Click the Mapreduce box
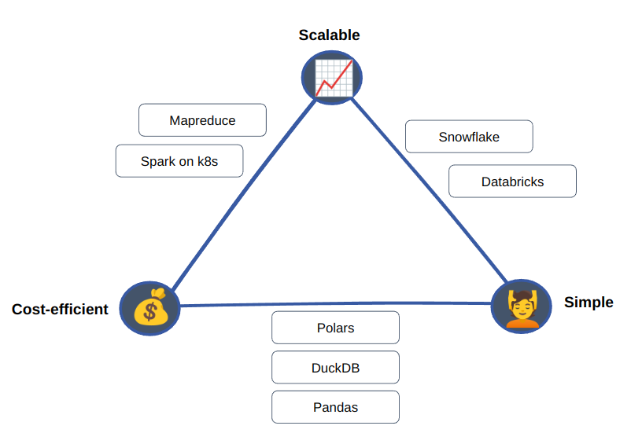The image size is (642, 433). point(202,120)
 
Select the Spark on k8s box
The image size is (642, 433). point(179,160)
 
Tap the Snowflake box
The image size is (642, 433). point(469,137)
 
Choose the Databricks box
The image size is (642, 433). point(513,181)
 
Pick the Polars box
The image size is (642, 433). point(335,328)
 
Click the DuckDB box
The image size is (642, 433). point(335,368)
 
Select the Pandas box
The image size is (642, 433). point(335,407)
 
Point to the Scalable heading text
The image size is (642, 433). point(329,35)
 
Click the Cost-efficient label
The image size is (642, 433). point(60,309)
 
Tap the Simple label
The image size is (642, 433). point(588,303)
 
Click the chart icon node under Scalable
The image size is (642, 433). point(332,78)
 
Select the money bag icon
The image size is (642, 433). point(149,308)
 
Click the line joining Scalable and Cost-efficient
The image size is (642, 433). point(244,195)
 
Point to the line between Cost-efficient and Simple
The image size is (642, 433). point(335,304)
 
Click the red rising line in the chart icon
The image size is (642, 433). point(334,79)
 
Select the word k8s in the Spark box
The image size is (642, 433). point(208,161)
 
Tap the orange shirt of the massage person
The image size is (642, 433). point(522,324)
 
